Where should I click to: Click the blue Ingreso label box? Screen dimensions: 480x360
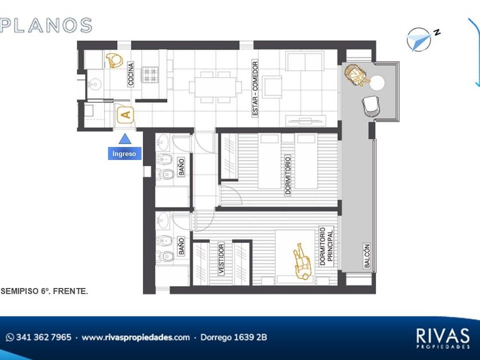point(125,153)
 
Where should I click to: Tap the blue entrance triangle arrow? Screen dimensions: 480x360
point(125,139)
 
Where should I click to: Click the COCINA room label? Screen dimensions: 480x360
point(131,74)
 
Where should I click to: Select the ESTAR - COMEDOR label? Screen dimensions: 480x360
point(255,89)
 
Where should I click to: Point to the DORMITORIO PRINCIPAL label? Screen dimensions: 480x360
point(326,246)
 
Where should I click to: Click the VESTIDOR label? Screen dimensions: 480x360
point(221,259)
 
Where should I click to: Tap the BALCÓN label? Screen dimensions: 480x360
point(367,256)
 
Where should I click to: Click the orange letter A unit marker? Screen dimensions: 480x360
point(126,115)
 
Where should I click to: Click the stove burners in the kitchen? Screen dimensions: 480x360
point(150,75)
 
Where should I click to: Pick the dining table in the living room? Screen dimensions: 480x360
point(215,87)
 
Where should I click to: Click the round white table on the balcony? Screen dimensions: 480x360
point(377,83)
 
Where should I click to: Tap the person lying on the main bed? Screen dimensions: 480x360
point(302,262)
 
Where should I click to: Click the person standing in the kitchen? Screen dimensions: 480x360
point(114,61)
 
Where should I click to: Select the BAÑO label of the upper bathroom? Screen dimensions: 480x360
point(182,167)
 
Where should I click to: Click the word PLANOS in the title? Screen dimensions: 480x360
point(46,25)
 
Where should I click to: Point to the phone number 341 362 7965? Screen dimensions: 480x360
point(43,337)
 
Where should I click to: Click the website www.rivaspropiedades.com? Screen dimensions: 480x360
point(135,337)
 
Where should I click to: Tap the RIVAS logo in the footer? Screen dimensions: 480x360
point(443,338)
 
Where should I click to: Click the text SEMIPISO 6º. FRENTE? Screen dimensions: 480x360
point(45,291)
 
